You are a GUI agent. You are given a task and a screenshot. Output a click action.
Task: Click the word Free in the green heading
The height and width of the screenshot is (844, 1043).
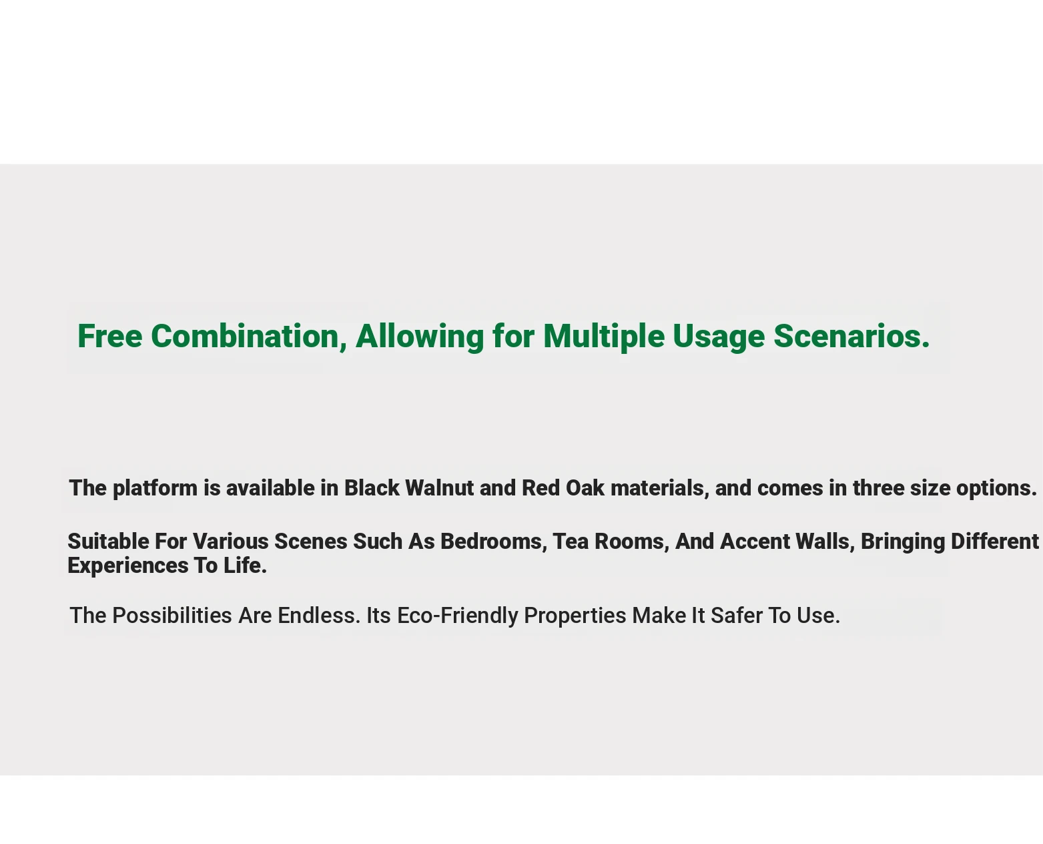coord(110,336)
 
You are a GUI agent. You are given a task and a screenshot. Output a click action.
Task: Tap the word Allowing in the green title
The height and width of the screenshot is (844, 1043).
coord(420,337)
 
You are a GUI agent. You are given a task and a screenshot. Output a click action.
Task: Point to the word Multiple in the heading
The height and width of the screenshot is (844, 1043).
coord(604,337)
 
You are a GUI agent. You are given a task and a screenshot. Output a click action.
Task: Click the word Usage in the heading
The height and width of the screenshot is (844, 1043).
coord(719,338)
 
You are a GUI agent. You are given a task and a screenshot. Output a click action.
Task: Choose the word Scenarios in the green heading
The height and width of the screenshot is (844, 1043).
coord(851,336)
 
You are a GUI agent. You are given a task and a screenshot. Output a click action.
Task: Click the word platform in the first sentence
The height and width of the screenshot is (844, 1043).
coord(155,488)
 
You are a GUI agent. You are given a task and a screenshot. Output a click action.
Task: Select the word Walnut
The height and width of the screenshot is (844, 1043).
coord(439,488)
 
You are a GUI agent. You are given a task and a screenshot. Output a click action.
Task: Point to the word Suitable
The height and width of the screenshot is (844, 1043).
coord(108,542)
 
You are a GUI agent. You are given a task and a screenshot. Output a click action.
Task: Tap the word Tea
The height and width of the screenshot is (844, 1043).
coord(571,542)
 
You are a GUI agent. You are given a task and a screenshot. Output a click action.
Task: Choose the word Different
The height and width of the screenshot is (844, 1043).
coord(995,542)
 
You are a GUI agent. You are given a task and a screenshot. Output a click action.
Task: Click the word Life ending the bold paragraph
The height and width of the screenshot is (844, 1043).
coord(245,566)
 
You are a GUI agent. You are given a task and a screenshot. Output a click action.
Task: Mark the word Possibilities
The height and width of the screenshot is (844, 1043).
coord(172,615)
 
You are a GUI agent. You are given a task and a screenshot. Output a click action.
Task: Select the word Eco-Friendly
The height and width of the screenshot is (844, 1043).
coord(457,616)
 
